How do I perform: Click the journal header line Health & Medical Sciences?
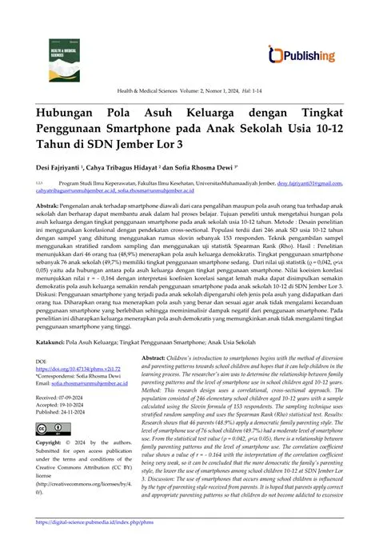click(x=189, y=90)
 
